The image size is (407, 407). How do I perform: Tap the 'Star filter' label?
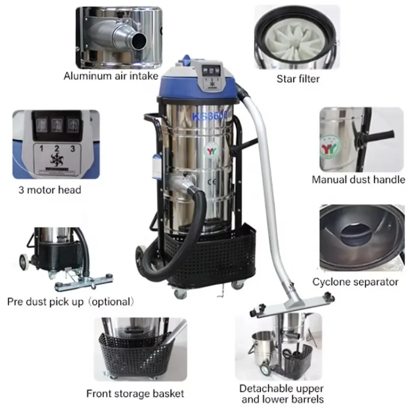(298, 78)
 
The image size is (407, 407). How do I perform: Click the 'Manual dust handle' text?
(358, 179)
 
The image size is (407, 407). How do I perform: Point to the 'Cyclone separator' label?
(355, 281)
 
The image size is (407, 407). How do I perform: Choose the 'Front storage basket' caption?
(135, 393)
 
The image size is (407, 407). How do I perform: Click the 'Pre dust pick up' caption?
(71, 301)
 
